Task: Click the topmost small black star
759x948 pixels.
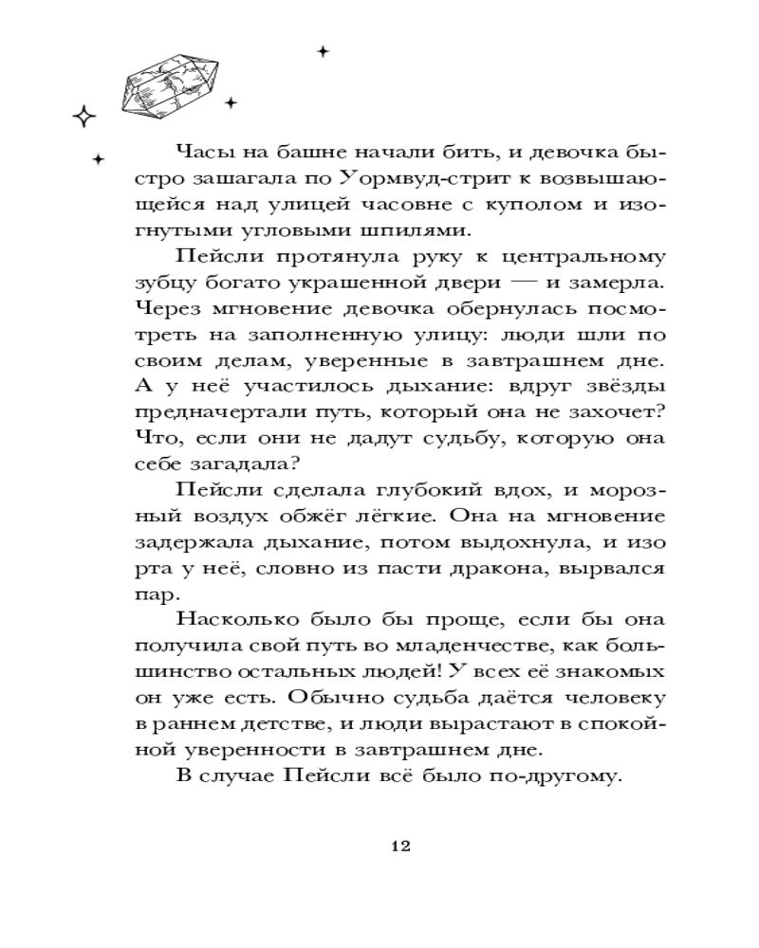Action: point(323,51)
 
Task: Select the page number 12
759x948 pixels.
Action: point(399,847)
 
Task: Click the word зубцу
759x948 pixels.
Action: point(162,283)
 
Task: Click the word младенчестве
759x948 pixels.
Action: point(461,646)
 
